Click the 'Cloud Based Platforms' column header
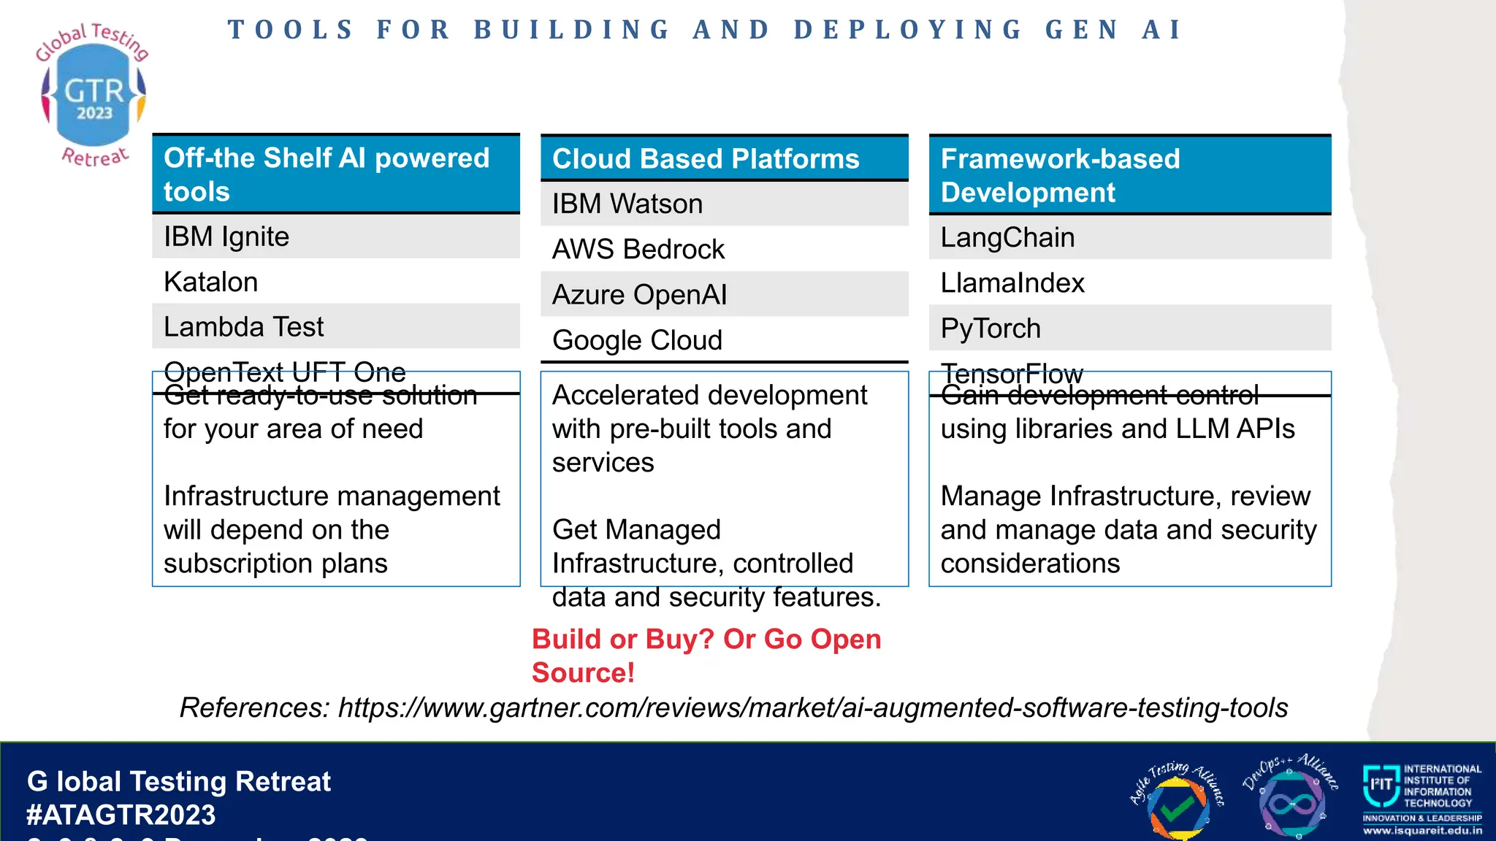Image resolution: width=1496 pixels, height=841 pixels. point(723,158)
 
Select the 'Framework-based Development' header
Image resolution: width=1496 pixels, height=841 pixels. point(1129,175)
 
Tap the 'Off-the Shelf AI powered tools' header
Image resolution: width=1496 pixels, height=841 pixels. point(335,174)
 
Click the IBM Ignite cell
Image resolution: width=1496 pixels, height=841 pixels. point(335,237)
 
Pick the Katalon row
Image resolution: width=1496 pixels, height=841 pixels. point(335,282)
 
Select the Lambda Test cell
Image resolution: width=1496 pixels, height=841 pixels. point(335,326)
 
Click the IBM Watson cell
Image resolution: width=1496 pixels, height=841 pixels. point(723,204)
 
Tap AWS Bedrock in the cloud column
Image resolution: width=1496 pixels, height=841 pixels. point(723,249)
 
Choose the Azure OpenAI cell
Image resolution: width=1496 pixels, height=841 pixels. point(723,294)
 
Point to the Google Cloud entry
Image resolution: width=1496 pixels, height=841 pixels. point(723,339)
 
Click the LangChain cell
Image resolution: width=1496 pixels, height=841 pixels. point(1129,237)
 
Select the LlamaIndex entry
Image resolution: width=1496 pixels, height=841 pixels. point(1129,283)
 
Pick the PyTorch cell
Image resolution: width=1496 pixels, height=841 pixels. point(1129,328)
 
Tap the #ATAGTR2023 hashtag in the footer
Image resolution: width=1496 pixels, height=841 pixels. point(121,815)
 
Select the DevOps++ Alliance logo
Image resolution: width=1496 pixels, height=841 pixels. point(1291,799)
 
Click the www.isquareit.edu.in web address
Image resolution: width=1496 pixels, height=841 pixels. point(1422,831)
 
